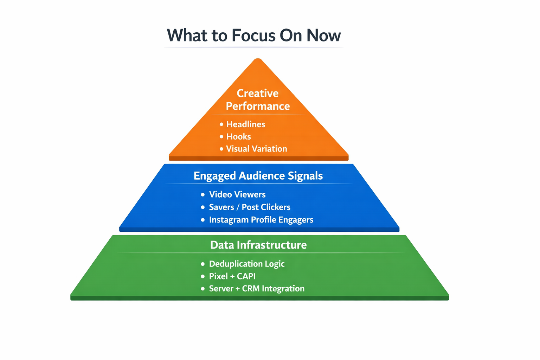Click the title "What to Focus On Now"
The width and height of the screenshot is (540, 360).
[253, 36]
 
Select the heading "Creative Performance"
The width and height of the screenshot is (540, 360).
[258, 99]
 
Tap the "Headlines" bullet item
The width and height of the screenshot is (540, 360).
[245, 124]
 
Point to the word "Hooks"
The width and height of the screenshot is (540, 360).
[238, 137]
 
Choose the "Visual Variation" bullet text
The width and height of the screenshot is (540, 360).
[256, 149]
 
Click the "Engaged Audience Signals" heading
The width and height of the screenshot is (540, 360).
[258, 176]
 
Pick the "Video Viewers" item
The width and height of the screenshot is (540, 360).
[237, 194]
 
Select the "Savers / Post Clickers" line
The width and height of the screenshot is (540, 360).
[250, 207]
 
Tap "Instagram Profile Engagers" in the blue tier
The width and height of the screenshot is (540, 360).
[261, 220]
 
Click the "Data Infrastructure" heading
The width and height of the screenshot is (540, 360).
[258, 245]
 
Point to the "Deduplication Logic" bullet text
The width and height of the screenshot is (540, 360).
[247, 264]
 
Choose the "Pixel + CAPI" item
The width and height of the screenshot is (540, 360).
[232, 276]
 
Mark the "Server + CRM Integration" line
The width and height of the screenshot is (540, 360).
[257, 289]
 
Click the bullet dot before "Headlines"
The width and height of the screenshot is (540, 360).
[221, 124]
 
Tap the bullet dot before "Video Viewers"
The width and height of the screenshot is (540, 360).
[203, 195]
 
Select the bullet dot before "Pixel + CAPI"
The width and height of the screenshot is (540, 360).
[203, 277]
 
